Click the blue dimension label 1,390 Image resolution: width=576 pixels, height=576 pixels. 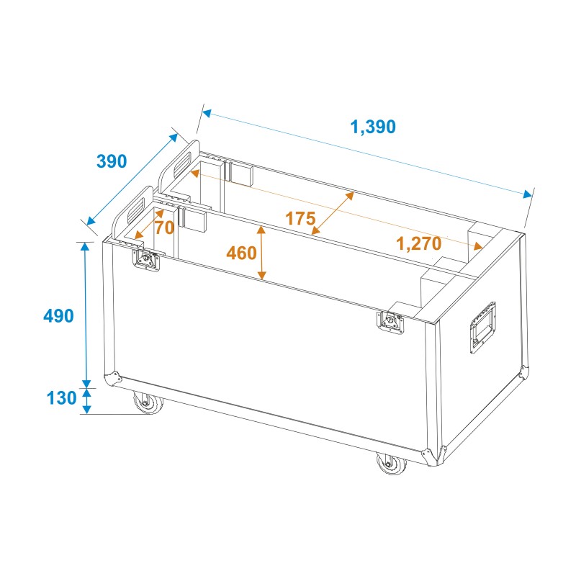pyautogui.click(x=372, y=127)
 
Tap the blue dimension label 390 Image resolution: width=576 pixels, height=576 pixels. pyautogui.click(x=112, y=161)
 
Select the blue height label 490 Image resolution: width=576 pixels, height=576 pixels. pyautogui.click(x=59, y=315)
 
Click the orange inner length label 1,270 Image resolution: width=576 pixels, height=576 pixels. pyautogui.click(x=418, y=243)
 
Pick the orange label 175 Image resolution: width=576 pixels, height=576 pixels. pyautogui.click(x=300, y=218)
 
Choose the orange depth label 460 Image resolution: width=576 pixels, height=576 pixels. pyautogui.click(x=241, y=253)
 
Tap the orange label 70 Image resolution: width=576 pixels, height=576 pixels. pyautogui.click(x=164, y=228)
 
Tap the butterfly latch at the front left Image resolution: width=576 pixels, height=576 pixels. pyautogui.click(x=147, y=260)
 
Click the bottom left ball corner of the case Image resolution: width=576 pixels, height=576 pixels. pyautogui.click(x=112, y=379)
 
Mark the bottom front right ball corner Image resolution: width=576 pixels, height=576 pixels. pyautogui.click(x=431, y=456)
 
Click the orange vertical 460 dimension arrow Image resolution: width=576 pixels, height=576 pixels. pyautogui.click(x=262, y=253)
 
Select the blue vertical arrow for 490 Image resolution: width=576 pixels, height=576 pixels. pyautogui.click(x=86, y=315)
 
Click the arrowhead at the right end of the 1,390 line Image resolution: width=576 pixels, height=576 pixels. pyautogui.click(x=530, y=194)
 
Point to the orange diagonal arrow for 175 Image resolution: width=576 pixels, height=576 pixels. pyautogui.click(x=333, y=213)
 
